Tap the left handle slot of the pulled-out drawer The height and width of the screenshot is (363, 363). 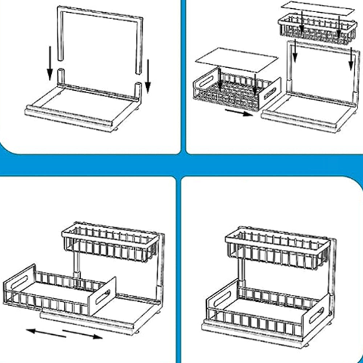[20, 283]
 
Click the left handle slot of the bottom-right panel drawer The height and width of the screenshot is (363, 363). [218, 296]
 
